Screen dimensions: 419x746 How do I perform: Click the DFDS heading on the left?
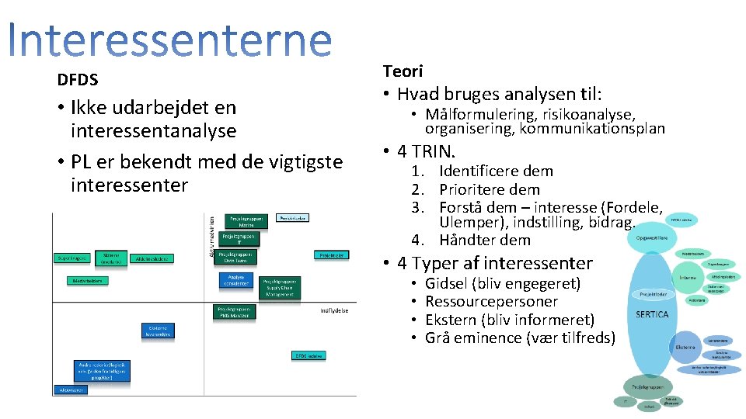click(78, 79)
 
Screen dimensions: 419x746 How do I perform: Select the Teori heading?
click(403, 71)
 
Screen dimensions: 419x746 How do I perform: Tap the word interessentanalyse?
click(153, 130)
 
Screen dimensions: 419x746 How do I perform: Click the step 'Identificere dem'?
click(496, 171)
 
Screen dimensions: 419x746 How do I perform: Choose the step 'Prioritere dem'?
click(489, 189)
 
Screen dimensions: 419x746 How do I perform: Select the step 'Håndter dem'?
click(484, 240)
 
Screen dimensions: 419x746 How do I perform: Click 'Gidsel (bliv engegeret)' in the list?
click(503, 283)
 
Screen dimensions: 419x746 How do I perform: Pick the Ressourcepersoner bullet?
click(491, 301)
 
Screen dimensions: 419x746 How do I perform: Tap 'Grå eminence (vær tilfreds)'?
click(520, 338)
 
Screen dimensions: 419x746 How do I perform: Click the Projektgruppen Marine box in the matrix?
click(246, 221)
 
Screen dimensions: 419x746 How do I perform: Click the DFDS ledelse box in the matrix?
click(308, 355)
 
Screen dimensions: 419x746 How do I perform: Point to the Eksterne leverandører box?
click(158, 331)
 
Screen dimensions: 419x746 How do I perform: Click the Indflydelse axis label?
click(334, 310)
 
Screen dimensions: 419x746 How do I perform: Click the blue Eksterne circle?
click(685, 346)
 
